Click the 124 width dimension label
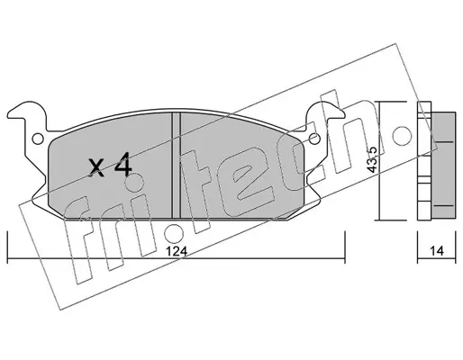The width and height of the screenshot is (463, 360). point(177,251)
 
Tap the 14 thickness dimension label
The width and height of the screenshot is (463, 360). point(436,251)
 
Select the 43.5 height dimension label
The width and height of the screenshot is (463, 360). point(372,159)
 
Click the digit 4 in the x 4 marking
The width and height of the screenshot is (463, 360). point(123,164)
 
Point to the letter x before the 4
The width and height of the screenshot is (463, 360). point(96,167)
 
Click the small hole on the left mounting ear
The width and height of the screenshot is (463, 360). point(38,139)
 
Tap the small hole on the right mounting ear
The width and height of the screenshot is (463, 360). point(313,139)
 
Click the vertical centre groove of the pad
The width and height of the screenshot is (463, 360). point(176,166)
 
